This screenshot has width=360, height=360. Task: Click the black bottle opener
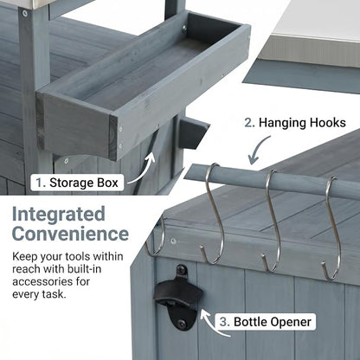click(179, 297)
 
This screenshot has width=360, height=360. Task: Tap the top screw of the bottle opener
click(182, 270)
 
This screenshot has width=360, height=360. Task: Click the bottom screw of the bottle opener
click(182, 324)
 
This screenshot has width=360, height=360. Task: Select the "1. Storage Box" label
click(77, 183)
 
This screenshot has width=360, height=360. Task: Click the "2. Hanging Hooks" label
click(295, 123)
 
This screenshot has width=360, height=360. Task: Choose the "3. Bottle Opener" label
click(265, 322)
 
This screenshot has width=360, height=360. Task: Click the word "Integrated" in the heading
click(59, 215)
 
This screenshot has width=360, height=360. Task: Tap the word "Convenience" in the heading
click(70, 234)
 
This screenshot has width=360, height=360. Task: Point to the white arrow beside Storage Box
click(144, 170)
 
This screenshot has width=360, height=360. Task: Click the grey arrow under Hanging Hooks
click(257, 150)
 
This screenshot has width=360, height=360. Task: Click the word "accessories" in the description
click(42, 281)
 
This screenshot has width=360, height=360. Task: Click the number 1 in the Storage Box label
click(39, 183)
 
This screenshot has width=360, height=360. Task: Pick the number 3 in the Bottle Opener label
click(223, 322)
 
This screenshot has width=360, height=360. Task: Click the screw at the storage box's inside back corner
click(183, 28)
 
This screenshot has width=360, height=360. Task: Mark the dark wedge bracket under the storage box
click(193, 133)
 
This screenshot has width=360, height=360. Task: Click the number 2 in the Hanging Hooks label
click(249, 123)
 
